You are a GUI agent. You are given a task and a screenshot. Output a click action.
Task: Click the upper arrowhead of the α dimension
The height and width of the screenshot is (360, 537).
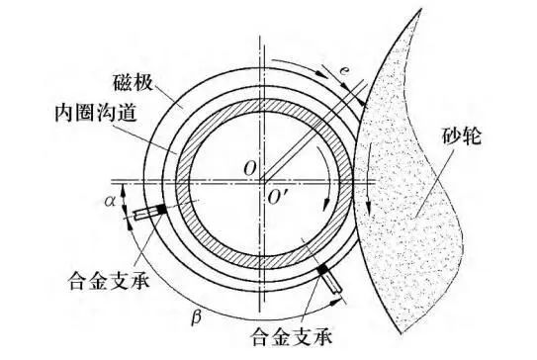(124, 187)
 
